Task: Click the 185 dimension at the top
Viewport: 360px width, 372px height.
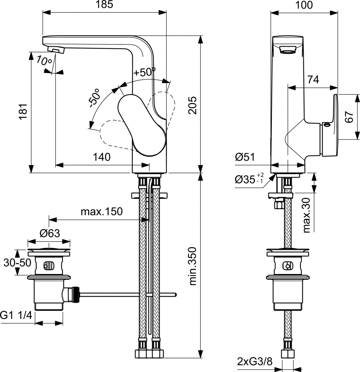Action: pos(104,4)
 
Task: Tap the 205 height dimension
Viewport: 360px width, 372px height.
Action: pos(193,105)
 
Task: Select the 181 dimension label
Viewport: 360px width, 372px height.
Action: pos(24,112)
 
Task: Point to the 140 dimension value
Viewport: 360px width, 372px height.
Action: pos(102,157)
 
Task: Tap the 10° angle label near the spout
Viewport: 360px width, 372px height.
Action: pos(44,60)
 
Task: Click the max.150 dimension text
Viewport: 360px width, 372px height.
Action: pos(102,211)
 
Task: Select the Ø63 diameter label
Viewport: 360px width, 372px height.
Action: pos(50,233)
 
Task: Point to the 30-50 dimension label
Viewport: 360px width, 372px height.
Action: pos(17,262)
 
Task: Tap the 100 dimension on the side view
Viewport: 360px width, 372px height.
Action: pos(304,5)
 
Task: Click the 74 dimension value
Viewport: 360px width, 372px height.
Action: pos(313,80)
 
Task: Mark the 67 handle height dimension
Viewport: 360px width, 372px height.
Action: pos(349,117)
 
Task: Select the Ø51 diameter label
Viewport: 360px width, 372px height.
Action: pos(245,157)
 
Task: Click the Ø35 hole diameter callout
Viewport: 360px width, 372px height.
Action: pos(249,179)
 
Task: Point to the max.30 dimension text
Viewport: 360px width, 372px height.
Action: pos(307,215)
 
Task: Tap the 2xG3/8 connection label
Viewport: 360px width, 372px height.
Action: pos(254,362)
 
